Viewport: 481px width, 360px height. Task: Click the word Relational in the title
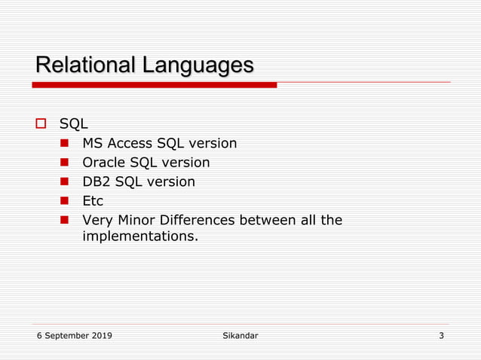[83, 66]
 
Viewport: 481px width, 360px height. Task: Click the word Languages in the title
[195, 66]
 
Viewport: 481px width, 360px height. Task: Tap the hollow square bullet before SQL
[42, 124]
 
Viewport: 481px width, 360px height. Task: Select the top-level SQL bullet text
[74, 124]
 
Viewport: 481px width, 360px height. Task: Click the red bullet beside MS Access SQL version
[65, 143]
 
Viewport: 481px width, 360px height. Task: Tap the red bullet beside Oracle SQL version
[65, 163]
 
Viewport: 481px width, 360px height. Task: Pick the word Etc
[93, 202]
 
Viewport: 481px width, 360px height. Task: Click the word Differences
[199, 221]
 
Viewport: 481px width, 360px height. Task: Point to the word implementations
[140, 236]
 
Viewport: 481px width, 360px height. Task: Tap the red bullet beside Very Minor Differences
[65, 221]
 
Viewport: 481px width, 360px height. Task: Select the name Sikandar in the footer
[235, 336]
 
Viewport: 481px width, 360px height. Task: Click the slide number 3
[441, 336]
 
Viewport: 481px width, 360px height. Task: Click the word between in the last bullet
[265, 221]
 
